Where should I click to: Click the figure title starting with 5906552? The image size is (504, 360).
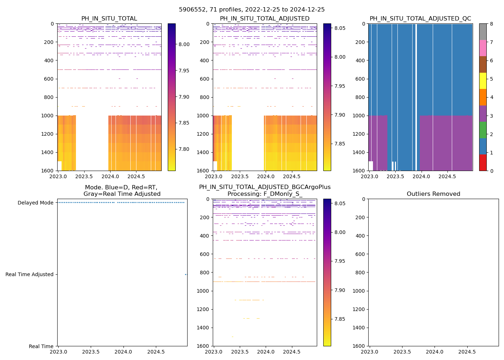click(x=252, y=10)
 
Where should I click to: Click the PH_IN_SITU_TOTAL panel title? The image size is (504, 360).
click(x=109, y=19)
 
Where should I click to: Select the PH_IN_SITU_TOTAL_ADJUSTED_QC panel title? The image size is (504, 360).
click(x=420, y=19)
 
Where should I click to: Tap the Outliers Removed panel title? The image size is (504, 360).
click(x=433, y=194)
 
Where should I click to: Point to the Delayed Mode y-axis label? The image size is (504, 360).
click(x=35, y=203)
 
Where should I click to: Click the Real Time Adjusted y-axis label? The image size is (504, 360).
click(x=29, y=274)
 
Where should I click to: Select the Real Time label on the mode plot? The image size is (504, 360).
click(x=41, y=346)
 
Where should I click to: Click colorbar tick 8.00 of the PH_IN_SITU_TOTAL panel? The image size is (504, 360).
click(x=184, y=44)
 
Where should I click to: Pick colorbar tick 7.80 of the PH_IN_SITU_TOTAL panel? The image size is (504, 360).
click(x=184, y=149)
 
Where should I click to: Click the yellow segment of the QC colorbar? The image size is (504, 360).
click(x=483, y=81)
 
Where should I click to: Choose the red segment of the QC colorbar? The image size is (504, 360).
click(x=483, y=162)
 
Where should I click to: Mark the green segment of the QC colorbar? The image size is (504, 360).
click(x=483, y=130)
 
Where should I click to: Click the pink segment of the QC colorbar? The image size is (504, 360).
click(x=483, y=48)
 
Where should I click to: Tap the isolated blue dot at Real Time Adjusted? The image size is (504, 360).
click(x=186, y=274)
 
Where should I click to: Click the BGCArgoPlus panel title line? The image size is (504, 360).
click(x=265, y=187)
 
